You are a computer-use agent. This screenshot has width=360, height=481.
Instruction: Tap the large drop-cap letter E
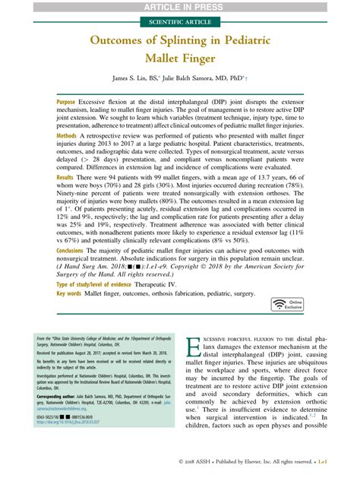click(x=193, y=347)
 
